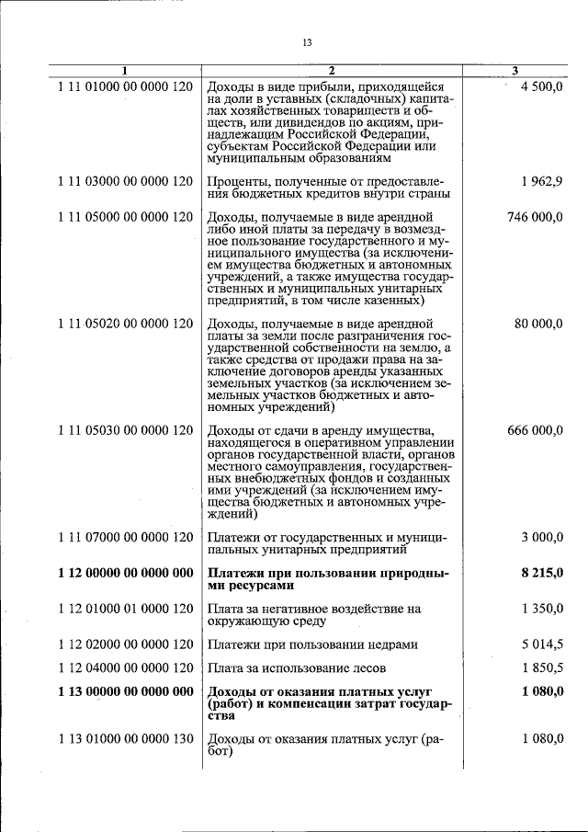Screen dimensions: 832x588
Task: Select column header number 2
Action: [x=332, y=72]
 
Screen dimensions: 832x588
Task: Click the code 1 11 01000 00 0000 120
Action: [x=125, y=85]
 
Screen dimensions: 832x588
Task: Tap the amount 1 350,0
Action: [x=541, y=608]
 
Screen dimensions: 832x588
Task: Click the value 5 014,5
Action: [x=541, y=644]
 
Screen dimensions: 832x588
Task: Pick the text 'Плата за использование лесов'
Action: [x=297, y=667]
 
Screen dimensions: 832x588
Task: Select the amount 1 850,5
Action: [x=541, y=667]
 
